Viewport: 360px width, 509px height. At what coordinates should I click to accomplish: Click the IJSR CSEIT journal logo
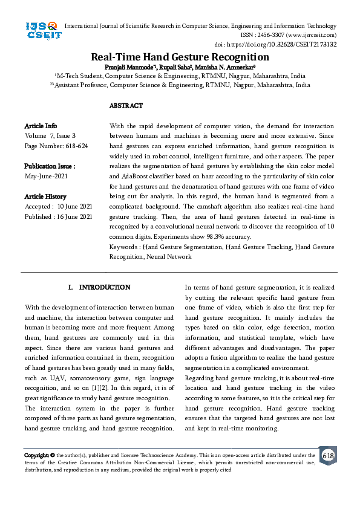click(42, 31)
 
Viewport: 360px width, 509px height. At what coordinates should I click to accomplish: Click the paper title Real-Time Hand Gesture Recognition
click(180, 57)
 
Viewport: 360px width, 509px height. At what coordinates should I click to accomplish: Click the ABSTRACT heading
click(126, 106)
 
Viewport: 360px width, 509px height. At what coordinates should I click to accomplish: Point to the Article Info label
click(41, 126)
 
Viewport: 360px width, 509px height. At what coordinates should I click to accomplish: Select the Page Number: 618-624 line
click(56, 146)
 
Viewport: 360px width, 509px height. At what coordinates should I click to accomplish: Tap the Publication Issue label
click(50, 166)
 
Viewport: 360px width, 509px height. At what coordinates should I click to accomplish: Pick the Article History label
click(45, 196)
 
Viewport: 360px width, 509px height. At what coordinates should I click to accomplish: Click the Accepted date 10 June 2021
click(58, 206)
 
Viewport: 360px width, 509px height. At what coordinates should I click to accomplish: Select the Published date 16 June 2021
click(58, 216)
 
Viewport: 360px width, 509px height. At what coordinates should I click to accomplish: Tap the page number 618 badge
click(328, 455)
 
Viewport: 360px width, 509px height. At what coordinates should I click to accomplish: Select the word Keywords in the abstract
click(123, 247)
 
